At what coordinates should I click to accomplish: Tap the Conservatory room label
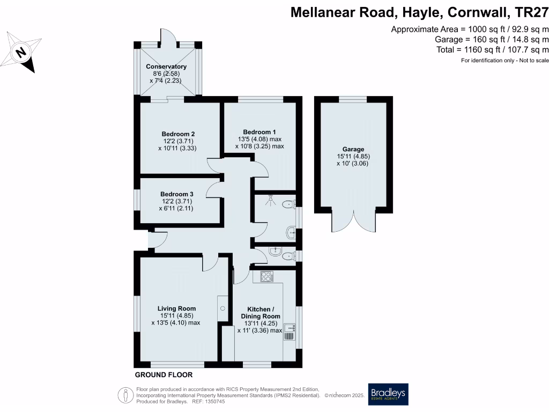pyautogui.click(x=166, y=67)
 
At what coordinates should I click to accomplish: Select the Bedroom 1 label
pyautogui.click(x=259, y=132)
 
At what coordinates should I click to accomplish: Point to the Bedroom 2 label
pyautogui.click(x=178, y=134)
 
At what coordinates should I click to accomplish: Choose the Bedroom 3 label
pyautogui.click(x=177, y=194)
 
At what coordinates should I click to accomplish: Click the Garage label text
pyautogui.click(x=353, y=149)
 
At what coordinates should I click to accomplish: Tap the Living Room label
pyautogui.click(x=176, y=308)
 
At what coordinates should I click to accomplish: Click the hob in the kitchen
pyautogui.click(x=266, y=277)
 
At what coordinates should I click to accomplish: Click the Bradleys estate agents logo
pyautogui.click(x=388, y=394)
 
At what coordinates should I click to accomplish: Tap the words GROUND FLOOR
pyautogui.click(x=164, y=375)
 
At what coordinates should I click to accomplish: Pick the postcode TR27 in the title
pyautogui.click(x=531, y=12)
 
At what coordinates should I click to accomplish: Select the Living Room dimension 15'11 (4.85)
pyautogui.click(x=176, y=316)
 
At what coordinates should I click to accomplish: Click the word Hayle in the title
pyautogui.click(x=405, y=12)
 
